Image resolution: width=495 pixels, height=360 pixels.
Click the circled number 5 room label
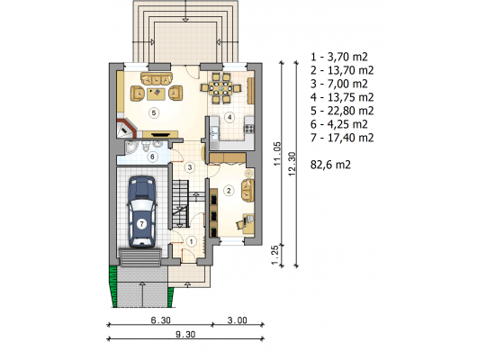tap(154, 112)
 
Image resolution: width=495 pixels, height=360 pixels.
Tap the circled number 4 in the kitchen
tap(229, 118)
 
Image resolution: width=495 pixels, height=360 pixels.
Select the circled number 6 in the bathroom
tap(152, 157)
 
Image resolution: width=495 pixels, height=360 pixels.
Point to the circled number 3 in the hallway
tap(190, 167)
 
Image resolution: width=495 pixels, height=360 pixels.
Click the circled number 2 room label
tap(229, 191)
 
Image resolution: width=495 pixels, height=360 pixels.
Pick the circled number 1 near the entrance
tap(191, 241)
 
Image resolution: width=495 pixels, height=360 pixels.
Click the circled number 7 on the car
tap(141, 224)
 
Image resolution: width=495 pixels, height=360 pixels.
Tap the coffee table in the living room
tap(156, 94)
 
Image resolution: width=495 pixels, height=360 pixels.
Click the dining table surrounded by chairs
tap(220, 88)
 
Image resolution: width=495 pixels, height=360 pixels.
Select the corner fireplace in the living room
tap(126, 128)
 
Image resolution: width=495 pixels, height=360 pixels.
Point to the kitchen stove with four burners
tap(248, 128)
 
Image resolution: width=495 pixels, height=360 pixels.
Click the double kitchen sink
tap(215, 133)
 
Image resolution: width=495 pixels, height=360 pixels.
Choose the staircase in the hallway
tap(181, 203)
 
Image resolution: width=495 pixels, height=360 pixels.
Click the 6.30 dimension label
tap(161, 320)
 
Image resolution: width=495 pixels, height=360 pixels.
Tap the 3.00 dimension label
tap(238, 320)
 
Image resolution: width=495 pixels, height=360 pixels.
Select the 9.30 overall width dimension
tap(185, 334)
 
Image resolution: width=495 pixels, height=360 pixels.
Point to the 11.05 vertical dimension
tap(277, 154)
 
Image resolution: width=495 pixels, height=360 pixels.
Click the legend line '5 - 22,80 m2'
tap(342, 111)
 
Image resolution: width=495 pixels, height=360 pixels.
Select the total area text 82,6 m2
tap(330, 165)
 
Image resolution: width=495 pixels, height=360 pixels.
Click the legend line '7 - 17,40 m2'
tap(342, 138)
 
